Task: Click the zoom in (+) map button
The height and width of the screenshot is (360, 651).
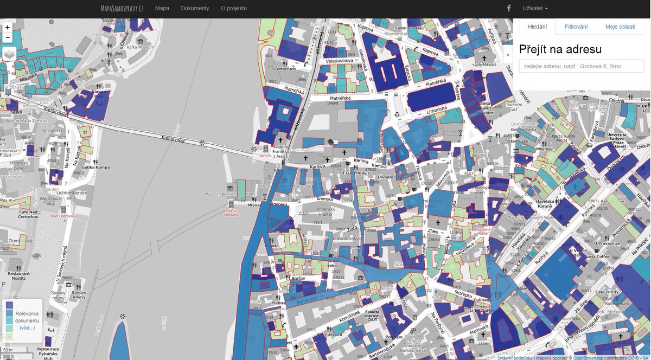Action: pyautogui.click(x=8, y=27)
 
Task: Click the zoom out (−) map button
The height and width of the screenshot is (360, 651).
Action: pyautogui.click(x=8, y=37)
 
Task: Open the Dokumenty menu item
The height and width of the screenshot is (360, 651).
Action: pyautogui.click(x=195, y=9)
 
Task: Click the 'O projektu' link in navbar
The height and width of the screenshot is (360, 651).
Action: pyautogui.click(x=234, y=9)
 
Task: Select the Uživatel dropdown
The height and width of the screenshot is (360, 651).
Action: pyautogui.click(x=535, y=9)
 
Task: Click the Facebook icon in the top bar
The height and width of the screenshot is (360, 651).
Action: pyautogui.click(x=509, y=9)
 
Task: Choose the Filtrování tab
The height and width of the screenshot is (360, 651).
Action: pyautogui.click(x=576, y=27)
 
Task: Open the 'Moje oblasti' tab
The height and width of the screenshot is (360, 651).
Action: pyautogui.click(x=620, y=27)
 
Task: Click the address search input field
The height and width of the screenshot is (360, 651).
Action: pyautogui.click(x=582, y=66)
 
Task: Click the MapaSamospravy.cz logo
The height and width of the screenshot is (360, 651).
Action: pyautogui.click(x=122, y=9)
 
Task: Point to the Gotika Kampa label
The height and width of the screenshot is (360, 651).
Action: pyautogui.click(x=95, y=167)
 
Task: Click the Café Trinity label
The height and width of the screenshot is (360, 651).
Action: pyautogui.click(x=607, y=292)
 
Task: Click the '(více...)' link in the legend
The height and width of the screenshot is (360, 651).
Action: pyautogui.click(x=27, y=328)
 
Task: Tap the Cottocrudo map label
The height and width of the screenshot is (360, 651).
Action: pyautogui.click(x=285, y=69)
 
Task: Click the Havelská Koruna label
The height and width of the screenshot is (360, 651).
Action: pyautogui.click(x=548, y=207)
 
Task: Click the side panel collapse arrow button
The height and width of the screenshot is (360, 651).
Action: pyautogui.click(x=508, y=55)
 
